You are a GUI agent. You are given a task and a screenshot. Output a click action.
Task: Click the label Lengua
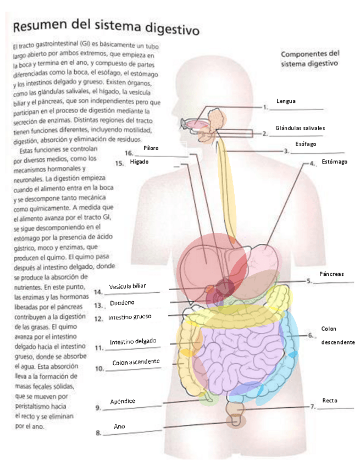pos(286,101)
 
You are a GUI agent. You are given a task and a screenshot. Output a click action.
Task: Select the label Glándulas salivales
pos(300,128)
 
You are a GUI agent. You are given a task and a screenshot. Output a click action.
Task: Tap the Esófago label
pos(306,144)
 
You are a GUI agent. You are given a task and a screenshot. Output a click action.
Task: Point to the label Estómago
pos(335,163)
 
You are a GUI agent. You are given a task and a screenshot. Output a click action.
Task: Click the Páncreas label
pos(331,274)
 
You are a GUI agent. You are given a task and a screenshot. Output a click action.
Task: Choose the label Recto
pos(330,401)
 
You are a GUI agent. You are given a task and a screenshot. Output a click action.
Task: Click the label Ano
pos(119,426)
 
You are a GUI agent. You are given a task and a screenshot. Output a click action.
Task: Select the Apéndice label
pos(123,401)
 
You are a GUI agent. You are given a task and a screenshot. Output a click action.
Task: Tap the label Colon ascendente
pos(136,362)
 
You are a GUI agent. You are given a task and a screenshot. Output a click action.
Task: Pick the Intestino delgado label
pos(133,342)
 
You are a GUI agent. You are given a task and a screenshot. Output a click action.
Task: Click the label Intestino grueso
pos(130,317)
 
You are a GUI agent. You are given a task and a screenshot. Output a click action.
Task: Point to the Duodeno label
pos(122,303)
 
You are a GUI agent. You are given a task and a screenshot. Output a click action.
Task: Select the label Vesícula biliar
pos(128,287)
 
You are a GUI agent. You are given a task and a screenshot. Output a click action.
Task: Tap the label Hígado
pos(139,162)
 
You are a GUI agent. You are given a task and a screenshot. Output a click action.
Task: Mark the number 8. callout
pos(98,433)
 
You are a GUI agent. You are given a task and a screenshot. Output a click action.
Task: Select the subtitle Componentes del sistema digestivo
pos(310,59)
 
